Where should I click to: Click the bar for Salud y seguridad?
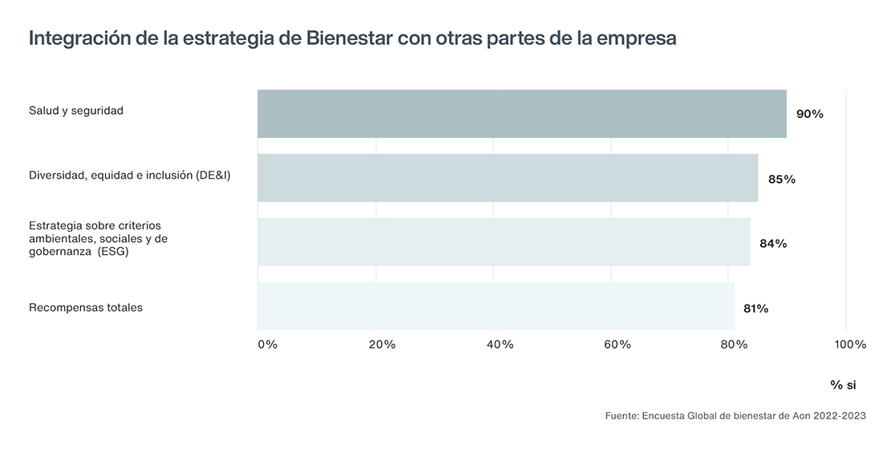click(521, 114)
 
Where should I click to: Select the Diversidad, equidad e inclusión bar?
click(507, 178)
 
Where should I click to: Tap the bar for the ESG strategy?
click(504, 242)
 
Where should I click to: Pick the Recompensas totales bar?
click(496, 306)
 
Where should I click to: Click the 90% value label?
click(809, 115)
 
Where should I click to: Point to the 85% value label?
click(781, 180)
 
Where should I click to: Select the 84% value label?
click(773, 244)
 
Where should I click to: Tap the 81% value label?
click(755, 308)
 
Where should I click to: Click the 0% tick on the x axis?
click(267, 345)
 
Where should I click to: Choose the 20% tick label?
click(382, 345)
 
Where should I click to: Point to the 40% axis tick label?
click(500, 345)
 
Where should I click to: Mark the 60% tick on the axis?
click(618, 345)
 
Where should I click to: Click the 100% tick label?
click(850, 345)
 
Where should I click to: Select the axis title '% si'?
click(843, 386)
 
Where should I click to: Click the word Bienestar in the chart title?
click(349, 38)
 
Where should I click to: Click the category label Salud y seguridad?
click(76, 111)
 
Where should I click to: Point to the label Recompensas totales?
click(86, 307)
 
